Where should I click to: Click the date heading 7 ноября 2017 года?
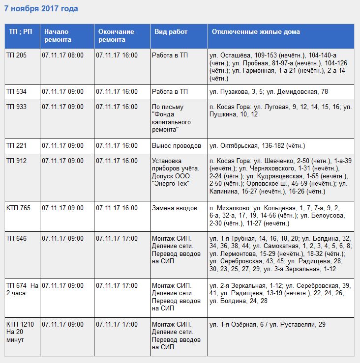click(x=41, y=9)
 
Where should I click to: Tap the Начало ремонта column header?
click(x=58, y=35)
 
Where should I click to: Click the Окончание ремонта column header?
click(x=116, y=35)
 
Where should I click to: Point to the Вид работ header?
click(x=171, y=31)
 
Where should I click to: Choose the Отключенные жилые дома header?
click(x=256, y=31)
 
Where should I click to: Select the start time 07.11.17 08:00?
click(x=62, y=56)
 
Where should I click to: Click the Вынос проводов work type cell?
click(x=177, y=145)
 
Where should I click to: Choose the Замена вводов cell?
click(x=175, y=208)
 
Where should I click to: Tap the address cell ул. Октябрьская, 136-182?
click(x=257, y=145)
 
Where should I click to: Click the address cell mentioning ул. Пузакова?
click(x=269, y=91)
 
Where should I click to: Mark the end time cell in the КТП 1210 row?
click(x=117, y=325)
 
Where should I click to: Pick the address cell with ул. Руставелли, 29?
click(x=268, y=325)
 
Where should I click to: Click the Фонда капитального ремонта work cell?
click(x=172, y=118)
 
